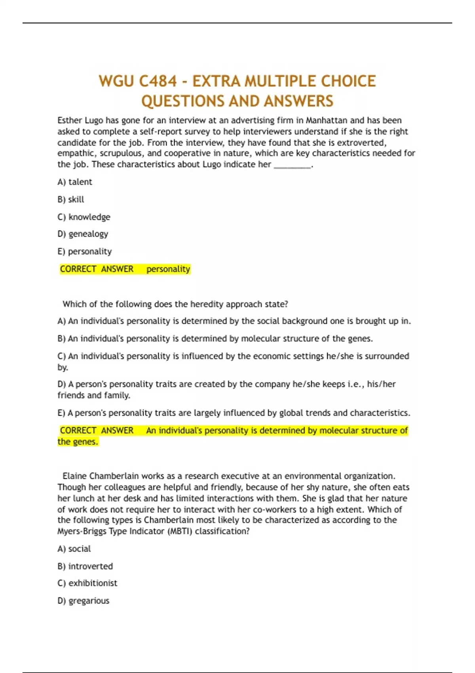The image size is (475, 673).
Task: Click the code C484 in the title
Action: (158, 81)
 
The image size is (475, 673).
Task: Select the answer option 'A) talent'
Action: (75, 182)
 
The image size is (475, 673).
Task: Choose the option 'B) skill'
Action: (71, 200)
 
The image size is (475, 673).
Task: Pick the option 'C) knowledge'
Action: (84, 217)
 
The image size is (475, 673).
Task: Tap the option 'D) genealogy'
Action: (83, 234)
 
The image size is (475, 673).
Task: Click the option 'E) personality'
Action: (85, 251)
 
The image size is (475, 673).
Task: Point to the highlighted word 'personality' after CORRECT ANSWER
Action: (168, 269)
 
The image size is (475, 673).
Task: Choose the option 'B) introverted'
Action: (85, 566)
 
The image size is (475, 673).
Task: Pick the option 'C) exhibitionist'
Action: (87, 583)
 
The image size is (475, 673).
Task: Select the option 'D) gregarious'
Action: (84, 601)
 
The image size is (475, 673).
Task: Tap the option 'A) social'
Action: (74, 549)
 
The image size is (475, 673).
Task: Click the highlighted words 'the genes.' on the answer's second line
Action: (78, 442)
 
